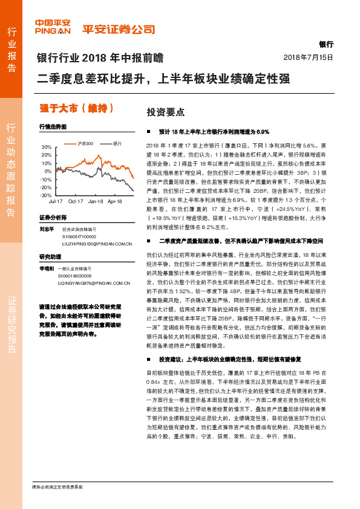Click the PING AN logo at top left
click(53, 28)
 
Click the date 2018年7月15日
click(309, 57)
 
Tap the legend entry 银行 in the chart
click(117, 144)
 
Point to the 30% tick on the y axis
click(46, 147)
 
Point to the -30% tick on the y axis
click(45, 195)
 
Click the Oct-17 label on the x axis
click(76, 201)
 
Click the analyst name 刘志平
click(47, 229)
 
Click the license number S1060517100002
click(79, 236)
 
